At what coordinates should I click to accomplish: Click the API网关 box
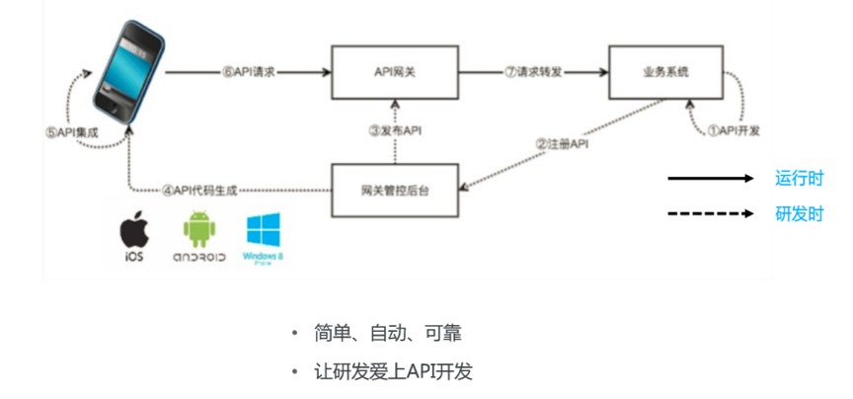(x=394, y=71)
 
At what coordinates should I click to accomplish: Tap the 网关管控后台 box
(x=394, y=188)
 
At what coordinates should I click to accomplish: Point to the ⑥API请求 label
(x=248, y=71)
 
